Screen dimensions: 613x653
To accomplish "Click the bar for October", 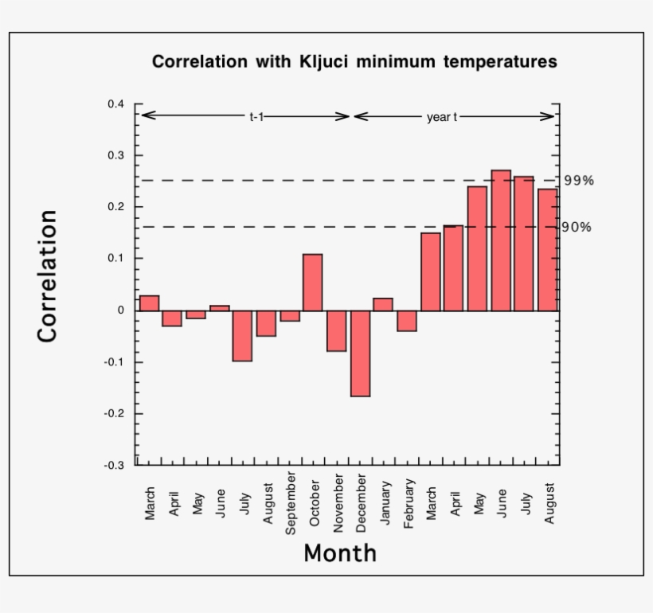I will click(312, 283).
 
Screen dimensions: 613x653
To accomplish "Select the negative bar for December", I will click(360, 353).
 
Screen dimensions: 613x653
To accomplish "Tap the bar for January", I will click(383, 304).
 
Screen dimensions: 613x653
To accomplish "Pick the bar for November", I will click(336, 330).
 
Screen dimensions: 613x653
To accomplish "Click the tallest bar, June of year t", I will click(501, 240).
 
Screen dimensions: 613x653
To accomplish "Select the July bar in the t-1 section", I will click(242, 335).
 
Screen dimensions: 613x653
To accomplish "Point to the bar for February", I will click(407, 320).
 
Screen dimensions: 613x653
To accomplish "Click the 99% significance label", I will click(579, 181).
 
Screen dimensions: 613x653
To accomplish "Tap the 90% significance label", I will click(577, 227).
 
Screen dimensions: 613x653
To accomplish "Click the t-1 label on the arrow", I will click(256, 117).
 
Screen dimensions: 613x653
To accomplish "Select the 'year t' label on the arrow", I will click(442, 117).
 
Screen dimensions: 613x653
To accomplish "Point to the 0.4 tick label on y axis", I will click(116, 104).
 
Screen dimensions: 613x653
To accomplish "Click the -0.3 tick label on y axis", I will click(115, 465).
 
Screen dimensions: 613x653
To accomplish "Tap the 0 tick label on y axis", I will click(121, 310).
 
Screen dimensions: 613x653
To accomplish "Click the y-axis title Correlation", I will click(48, 276).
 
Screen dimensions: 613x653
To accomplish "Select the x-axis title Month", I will click(340, 552).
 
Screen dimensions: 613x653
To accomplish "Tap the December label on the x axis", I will click(362, 504).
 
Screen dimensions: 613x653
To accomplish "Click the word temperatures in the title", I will click(500, 62).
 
